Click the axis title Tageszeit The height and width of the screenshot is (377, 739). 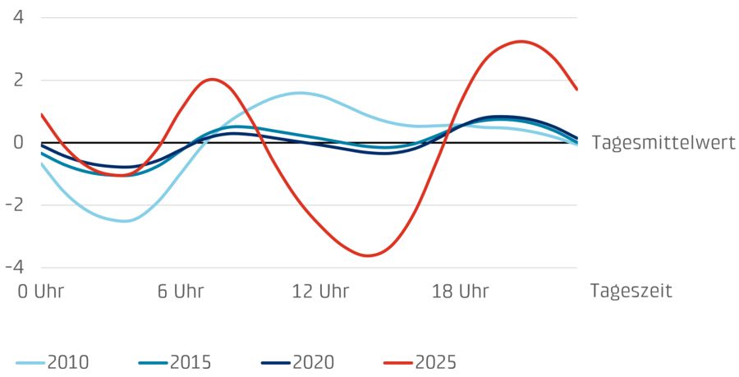[x=631, y=292]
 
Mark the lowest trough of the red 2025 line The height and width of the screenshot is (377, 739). [x=367, y=255]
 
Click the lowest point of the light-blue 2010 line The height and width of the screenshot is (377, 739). [x=123, y=221]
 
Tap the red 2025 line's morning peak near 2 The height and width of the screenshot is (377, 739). [x=213, y=80]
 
